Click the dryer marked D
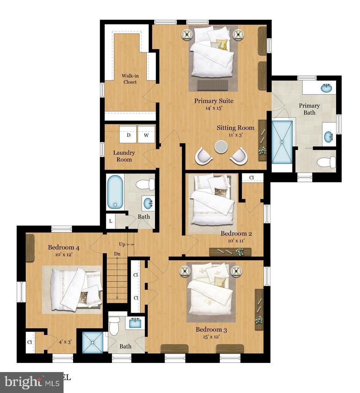tap(129, 135)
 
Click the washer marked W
tap(146, 135)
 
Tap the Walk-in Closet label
tap(130, 79)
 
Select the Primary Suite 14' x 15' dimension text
tap(214, 108)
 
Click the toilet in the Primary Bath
tap(326, 162)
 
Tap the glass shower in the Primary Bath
tap(282, 142)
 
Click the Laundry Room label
tap(124, 156)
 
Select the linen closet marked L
tap(111, 221)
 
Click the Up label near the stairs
tap(122, 244)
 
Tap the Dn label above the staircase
tap(117, 254)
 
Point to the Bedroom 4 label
tap(64, 247)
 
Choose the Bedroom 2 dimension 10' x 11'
tap(236, 241)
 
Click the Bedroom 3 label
tap(209, 329)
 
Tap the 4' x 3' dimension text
tap(65, 342)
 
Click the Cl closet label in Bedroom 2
tap(252, 178)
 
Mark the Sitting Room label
tap(235, 128)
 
